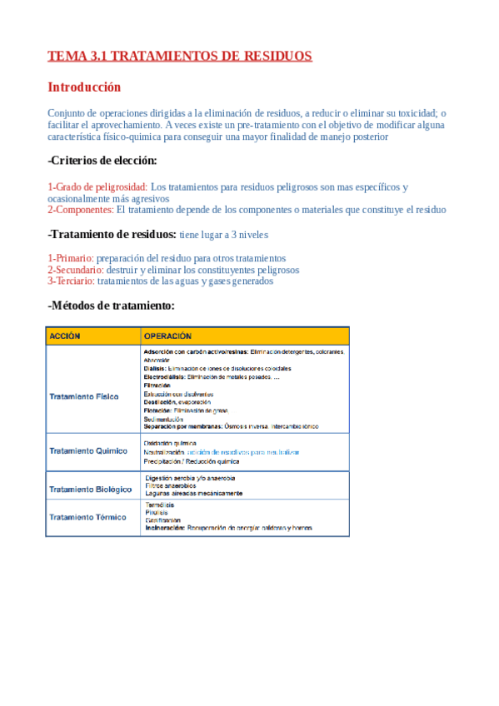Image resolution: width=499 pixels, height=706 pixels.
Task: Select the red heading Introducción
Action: pos(84,87)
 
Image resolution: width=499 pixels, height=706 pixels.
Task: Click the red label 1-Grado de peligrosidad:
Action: pos(97,187)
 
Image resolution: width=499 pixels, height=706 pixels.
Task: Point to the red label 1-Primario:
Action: pos(71,258)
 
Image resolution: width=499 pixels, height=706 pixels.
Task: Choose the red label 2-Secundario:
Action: pos(76,270)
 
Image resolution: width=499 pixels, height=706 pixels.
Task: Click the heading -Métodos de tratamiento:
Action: pos(111,306)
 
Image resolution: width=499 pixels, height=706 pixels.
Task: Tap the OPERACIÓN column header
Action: pos(173,336)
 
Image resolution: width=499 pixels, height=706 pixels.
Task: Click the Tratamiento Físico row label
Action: pos(83,396)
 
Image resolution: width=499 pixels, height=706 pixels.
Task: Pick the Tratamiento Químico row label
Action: pos(88,450)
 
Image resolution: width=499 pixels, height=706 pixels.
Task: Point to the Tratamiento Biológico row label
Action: pos(90,489)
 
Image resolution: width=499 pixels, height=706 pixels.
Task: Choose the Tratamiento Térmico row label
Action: pos(87,517)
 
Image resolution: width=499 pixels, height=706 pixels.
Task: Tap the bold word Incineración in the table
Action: pos(164,528)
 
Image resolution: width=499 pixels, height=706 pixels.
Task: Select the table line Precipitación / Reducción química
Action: pos(192,461)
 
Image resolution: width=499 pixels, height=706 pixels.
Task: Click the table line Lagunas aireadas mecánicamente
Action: pos(194,493)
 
